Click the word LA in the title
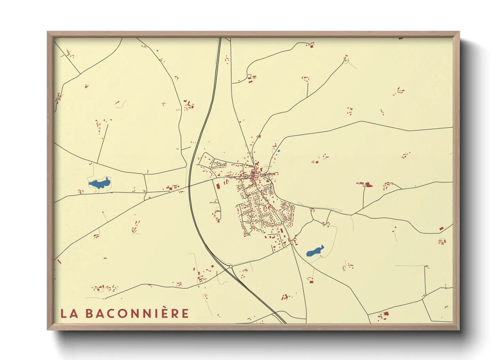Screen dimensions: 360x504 point(69,313)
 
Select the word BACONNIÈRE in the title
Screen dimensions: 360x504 point(137,313)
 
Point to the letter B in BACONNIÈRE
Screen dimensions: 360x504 point(89,313)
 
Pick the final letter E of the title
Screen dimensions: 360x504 point(185,313)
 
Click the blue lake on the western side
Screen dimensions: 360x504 point(99,184)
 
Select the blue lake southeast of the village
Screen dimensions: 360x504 point(315,251)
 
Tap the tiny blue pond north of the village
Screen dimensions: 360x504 point(279,151)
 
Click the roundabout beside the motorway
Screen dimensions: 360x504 point(231,266)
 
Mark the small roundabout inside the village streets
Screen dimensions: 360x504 point(282,223)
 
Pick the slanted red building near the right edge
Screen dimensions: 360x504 point(441,228)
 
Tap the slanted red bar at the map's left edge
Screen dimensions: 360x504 point(59,262)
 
